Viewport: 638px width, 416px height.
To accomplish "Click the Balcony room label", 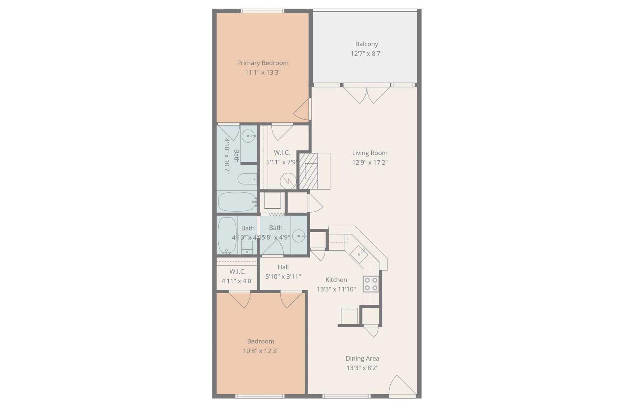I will (x=366, y=44).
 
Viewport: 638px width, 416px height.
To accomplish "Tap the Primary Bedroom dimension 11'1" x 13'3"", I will (x=263, y=73).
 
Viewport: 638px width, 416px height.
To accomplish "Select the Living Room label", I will (x=369, y=153).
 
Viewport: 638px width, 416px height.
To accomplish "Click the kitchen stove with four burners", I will (x=371, y=284).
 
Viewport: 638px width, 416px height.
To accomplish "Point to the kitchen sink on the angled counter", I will (x=359, y=254).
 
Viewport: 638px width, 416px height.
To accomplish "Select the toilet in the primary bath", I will (x=246, y=179).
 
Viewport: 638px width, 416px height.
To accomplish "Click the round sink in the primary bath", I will (x=248, y=136).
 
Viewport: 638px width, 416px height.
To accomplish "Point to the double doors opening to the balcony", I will (x=367, y=94).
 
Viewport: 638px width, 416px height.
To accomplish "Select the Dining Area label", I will (x=362, y=358).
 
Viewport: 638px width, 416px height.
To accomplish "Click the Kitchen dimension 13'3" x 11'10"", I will (x=336, y=289).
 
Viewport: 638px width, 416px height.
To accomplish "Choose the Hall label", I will (x=283, y=267).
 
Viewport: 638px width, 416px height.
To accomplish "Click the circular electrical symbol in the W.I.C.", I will (x=288, y=181).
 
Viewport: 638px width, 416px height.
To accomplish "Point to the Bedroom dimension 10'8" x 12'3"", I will (x=260, y=351).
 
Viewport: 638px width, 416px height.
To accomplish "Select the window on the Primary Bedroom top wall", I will (x=263, y=11).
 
